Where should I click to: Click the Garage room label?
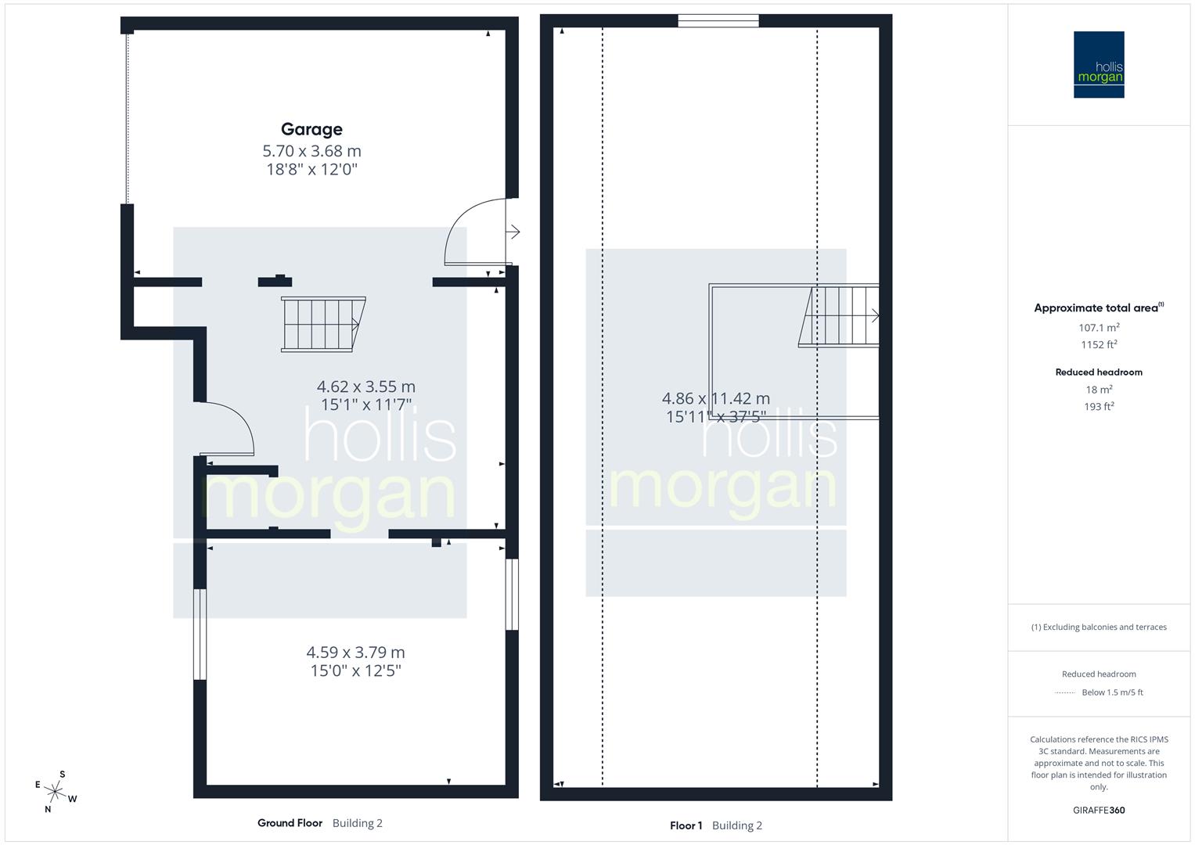(311, 129)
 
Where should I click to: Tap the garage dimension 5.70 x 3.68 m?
(311, 151)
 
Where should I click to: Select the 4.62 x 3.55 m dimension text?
(365, 387)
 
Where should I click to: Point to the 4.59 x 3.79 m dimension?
(355, 652)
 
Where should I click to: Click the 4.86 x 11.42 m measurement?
(715, 398)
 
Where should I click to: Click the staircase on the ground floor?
(322, 324)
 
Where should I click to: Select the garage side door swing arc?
(474, 232)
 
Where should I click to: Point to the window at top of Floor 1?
(718, 21)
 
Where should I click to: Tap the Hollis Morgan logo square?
(1098, 65)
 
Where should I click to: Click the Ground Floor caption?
(290, 823)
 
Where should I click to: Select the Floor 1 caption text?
(686, 825)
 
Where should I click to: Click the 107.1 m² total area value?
(1098, 328)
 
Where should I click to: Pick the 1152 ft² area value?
(1098, 345)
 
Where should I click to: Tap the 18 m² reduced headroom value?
(1098, 390)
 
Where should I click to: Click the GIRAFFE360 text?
(1098, 811)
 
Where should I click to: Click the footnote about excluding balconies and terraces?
(1098, 627)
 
